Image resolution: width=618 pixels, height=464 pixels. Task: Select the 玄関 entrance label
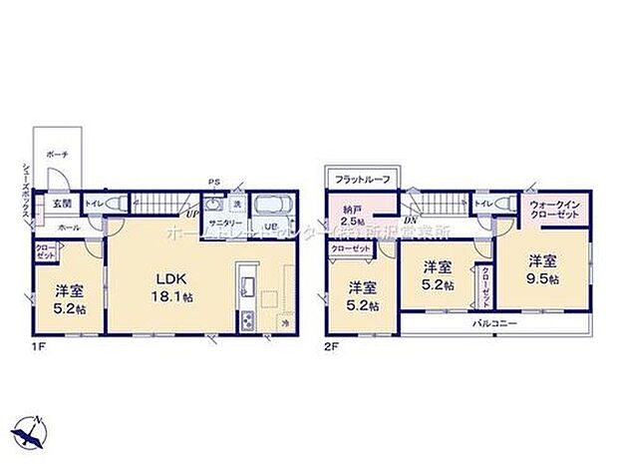(x=61, y=204)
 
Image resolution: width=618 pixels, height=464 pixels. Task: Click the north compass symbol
(x=31, y=430)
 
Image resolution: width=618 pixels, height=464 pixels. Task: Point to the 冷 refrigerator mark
(x=283, y=322)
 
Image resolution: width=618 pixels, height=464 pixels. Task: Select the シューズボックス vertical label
(x=22, y=190)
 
